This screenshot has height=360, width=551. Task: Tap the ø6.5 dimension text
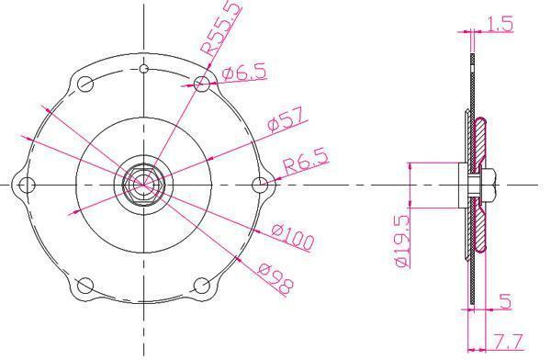coord(244,73)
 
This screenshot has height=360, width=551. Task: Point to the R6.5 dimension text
coord(306,161)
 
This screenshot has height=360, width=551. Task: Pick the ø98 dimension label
coord(275,279)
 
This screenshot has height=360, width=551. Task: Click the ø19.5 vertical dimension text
coord(402,241)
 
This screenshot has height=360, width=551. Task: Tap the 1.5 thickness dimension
coord(500,24)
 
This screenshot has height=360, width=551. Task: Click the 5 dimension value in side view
coord(505,301)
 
